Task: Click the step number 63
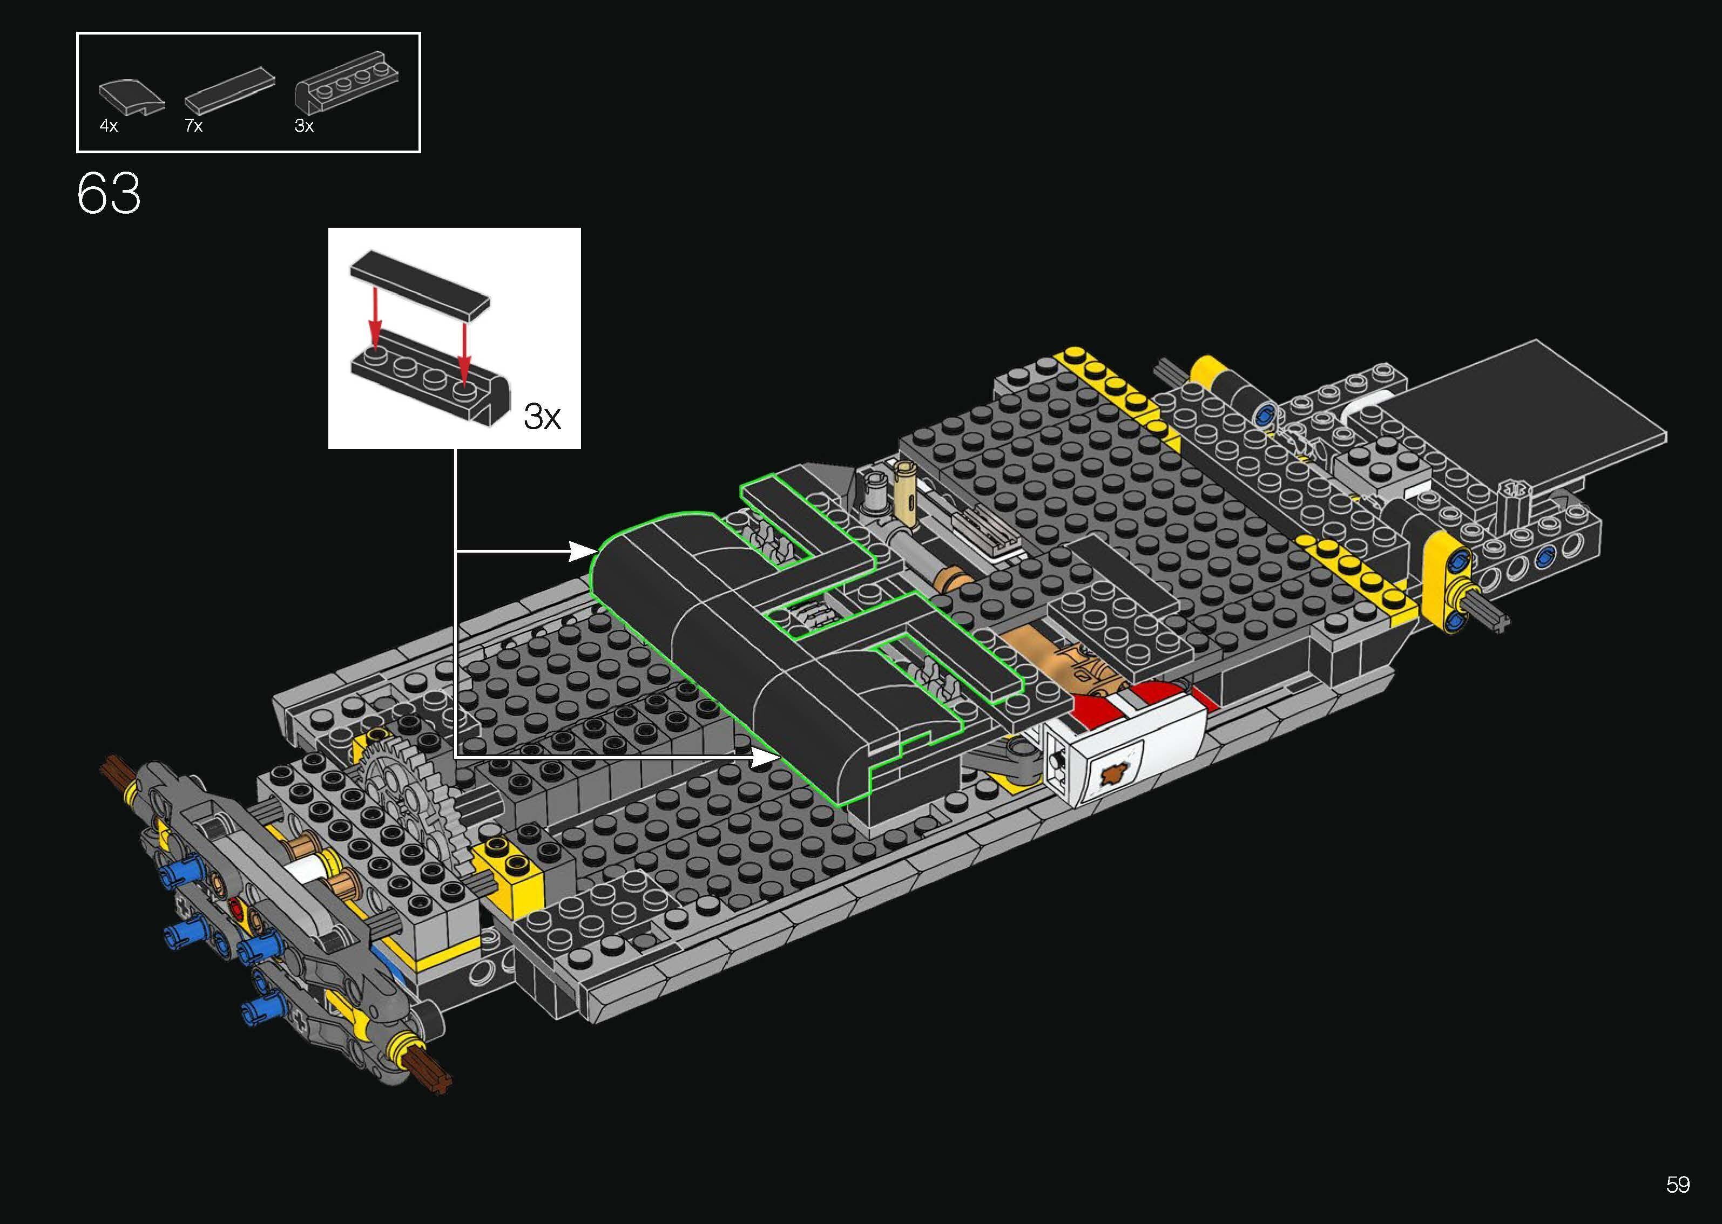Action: click(109, 194)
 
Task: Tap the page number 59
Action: click(1678, 1185)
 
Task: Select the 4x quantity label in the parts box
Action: click(109, 126)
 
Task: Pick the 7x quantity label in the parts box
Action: click(194, 126)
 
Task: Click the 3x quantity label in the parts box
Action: click(304, 126)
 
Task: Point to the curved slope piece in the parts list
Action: click(131, 97)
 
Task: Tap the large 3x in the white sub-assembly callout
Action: click(542, 416)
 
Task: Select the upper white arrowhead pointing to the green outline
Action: click(582, 551)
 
